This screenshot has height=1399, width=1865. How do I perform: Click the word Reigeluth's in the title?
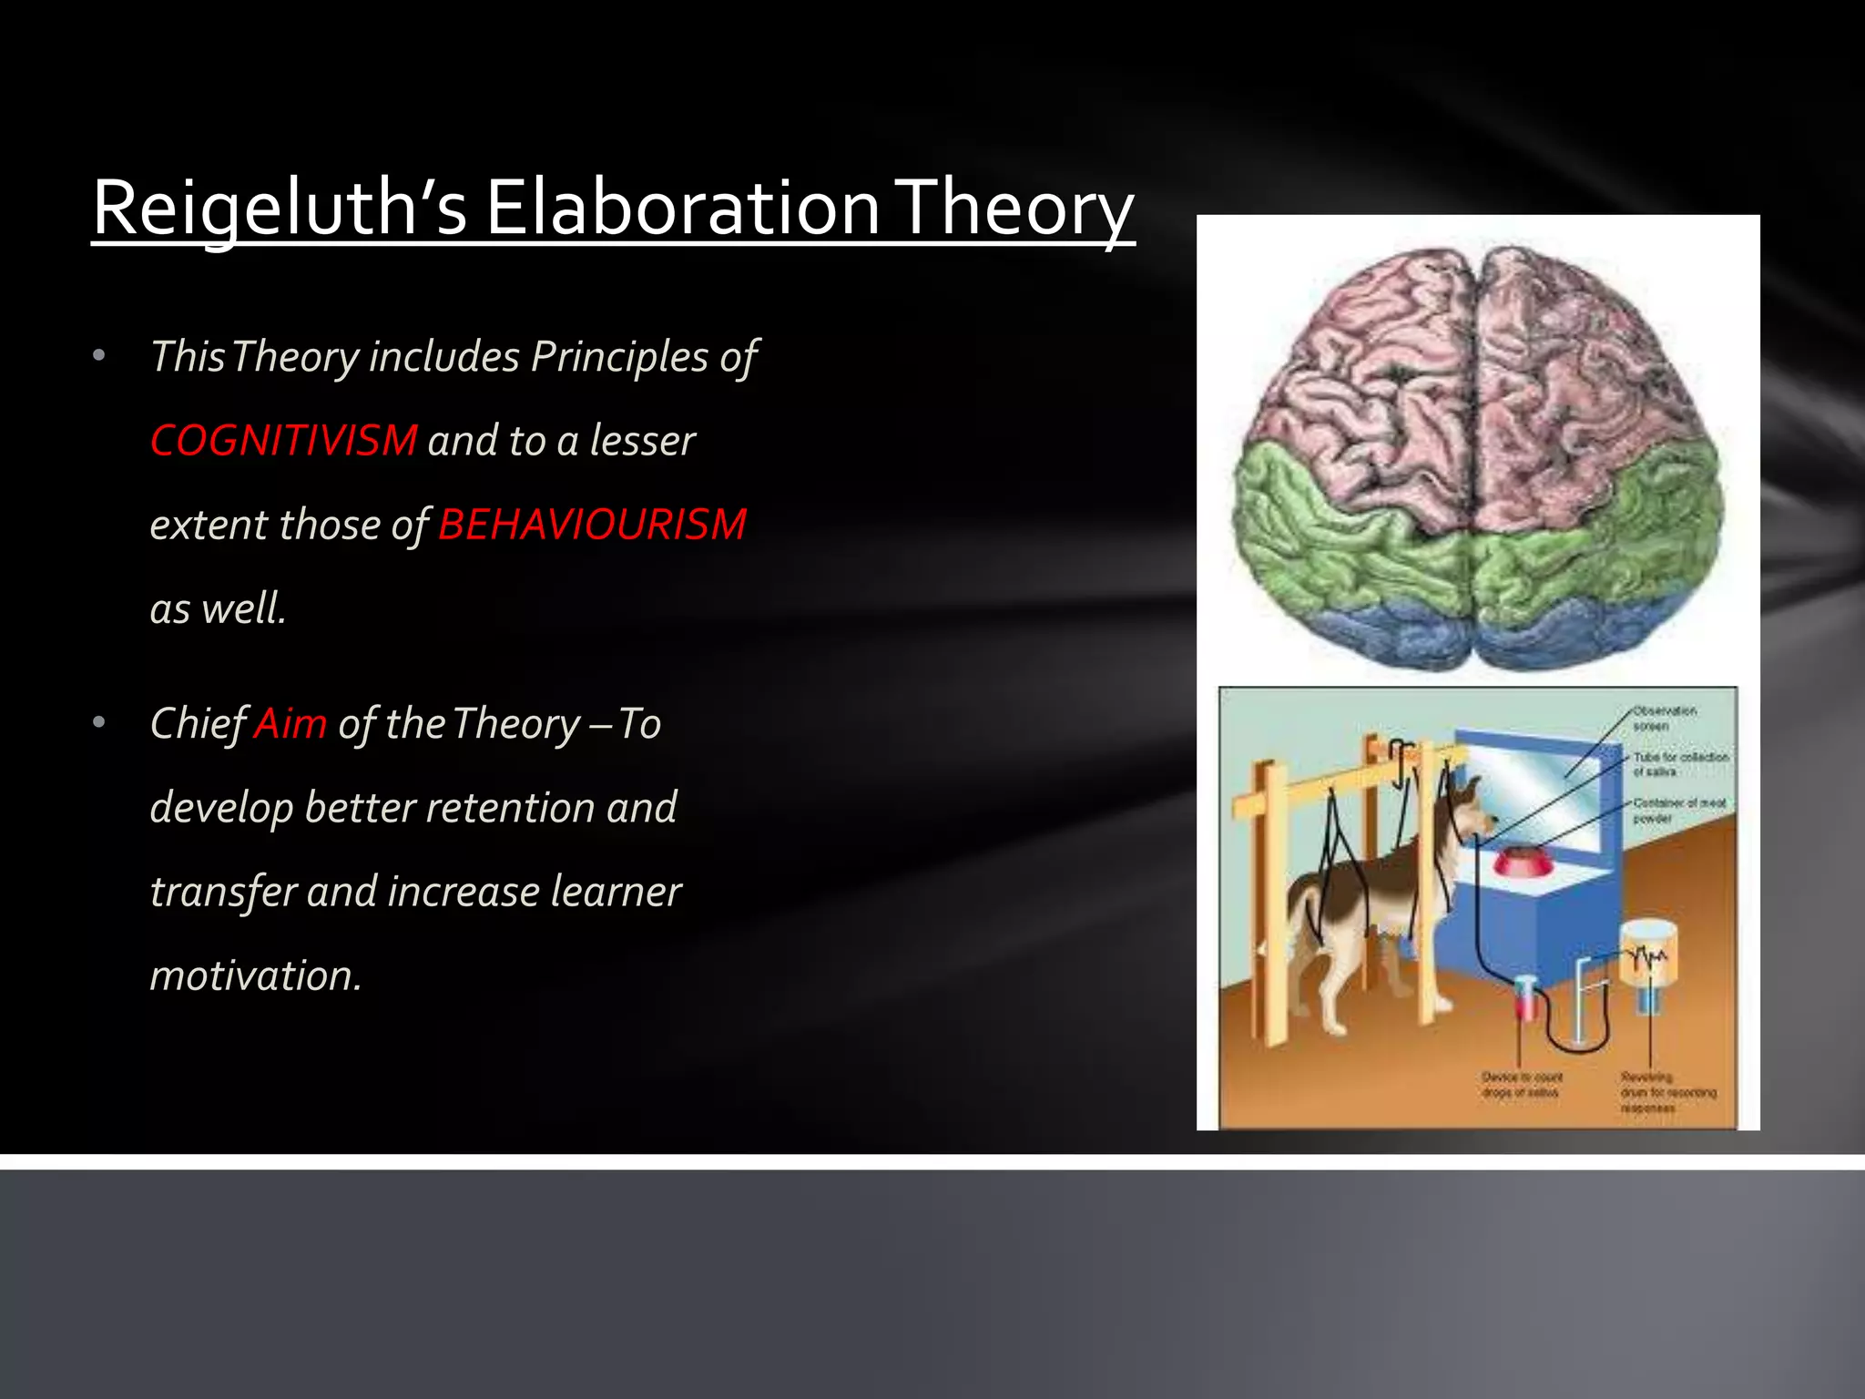point(279,208)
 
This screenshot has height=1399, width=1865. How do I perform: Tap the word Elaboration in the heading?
point(681,208)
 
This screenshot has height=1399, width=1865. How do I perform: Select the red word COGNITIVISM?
point(283,441)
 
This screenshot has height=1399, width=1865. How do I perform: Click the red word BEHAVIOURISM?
point(592,525)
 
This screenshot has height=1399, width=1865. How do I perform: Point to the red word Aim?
point(290,724)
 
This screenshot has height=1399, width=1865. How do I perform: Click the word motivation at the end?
point(255,975)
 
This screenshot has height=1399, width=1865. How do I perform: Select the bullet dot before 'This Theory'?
point(99,356)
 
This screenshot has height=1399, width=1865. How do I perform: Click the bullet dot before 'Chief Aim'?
point(99,724)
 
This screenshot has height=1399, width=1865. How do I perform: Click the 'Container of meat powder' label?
point(1677,810)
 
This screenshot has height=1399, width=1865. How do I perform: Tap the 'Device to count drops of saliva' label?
point(1521,1084)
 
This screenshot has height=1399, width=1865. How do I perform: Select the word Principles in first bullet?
point(619,356)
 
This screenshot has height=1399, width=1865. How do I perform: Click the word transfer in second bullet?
point(223,892)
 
